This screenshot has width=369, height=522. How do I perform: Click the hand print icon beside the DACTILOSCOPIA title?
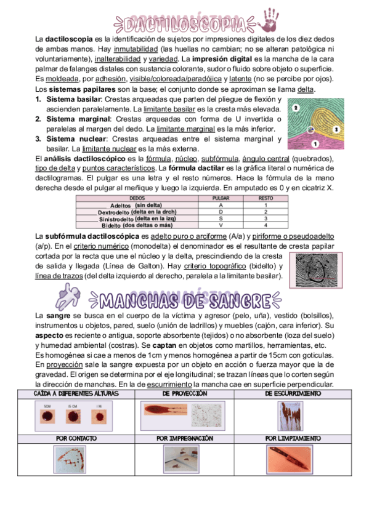(270, 20)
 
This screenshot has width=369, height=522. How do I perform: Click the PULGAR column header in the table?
(221, 198)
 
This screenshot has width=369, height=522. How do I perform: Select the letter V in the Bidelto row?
(221, 225)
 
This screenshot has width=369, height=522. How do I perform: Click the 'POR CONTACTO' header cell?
(76, 438)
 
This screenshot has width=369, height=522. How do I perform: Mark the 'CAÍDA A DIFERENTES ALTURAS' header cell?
(76, 393)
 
